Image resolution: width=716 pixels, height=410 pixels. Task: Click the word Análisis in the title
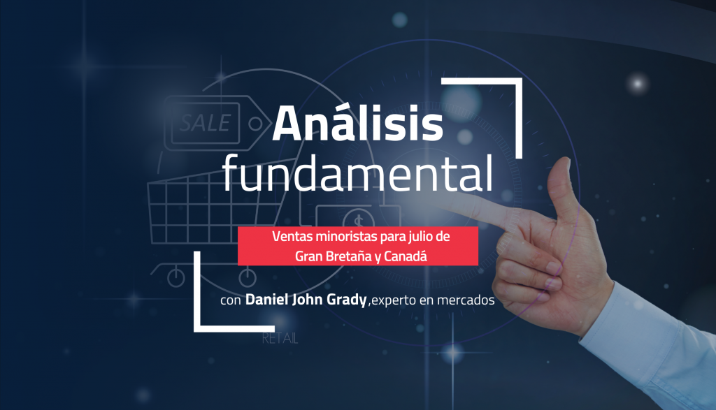pos(357,123)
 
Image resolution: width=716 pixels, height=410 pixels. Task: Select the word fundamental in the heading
pos(357,173)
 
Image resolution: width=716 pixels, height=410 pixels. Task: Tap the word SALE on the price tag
pos(205,123)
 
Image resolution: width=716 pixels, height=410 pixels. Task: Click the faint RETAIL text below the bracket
pos(280,339)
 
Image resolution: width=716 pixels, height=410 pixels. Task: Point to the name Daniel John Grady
pos(306,300)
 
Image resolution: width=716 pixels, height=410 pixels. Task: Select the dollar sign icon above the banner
pos(358,220)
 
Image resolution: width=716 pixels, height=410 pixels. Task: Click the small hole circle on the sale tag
pos(255,124)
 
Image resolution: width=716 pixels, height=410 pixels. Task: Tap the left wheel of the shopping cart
pos(176,277)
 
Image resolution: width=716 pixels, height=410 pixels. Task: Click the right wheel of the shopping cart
pos(248,277)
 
